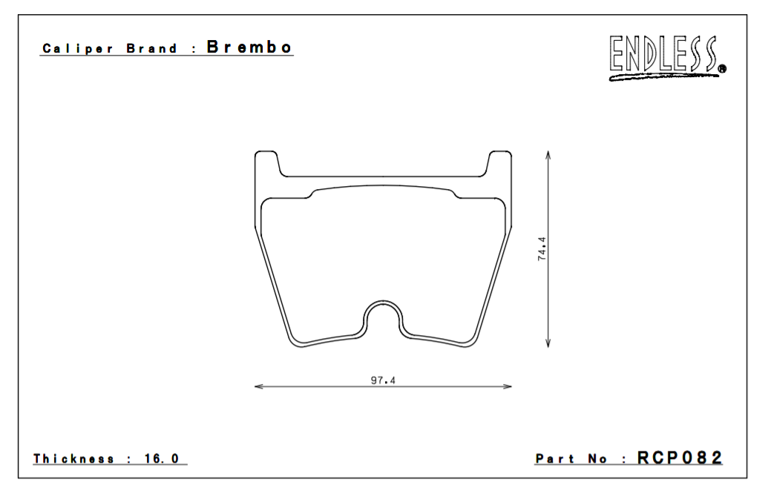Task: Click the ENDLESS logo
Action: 664,57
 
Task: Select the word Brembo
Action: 249,47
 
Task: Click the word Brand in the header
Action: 152,49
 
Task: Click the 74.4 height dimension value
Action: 542,248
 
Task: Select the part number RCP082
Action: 680,458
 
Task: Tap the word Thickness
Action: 74,459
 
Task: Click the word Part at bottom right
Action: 555,459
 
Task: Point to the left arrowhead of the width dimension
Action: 257,386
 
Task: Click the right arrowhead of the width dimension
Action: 508,386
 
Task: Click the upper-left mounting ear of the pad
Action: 266,163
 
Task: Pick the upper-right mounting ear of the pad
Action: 499,163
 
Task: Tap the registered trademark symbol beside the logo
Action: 722,70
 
